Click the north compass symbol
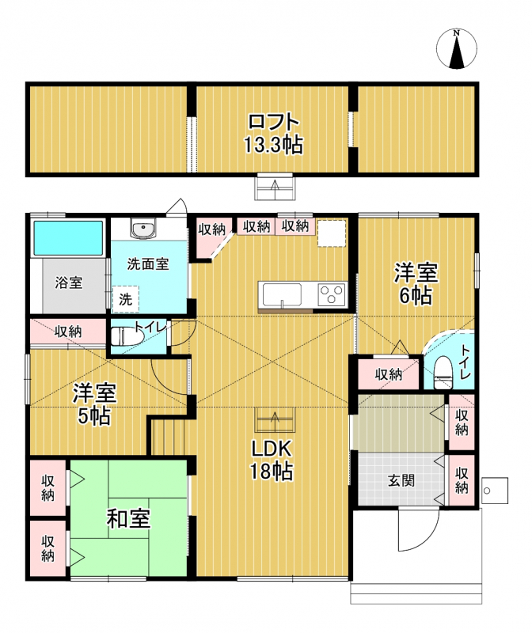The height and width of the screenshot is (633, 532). [x=457, y=48]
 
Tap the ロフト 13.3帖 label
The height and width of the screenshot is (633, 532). [x=273, y=134]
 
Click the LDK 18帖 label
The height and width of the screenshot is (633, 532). [x=271, y=460]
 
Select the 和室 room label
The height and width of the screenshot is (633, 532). [x=128, y=519]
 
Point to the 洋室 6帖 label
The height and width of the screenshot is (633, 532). [x=416, y=283]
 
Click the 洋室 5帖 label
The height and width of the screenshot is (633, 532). [x=94, y=404]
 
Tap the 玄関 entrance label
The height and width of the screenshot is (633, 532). [x=401, y=480]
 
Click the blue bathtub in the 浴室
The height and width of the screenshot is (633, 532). [x=68, y=238]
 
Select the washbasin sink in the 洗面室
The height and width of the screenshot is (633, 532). [x=142, y=229]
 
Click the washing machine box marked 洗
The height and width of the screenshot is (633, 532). [x=126, y=299]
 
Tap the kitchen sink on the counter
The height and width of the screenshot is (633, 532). [x=282, y=294]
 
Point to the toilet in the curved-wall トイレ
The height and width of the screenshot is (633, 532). [x=443, y=372]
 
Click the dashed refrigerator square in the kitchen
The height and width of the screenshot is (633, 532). [x=332, y=233]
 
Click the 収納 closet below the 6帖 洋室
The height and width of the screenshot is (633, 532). [x=389, y=373]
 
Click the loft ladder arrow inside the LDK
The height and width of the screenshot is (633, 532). [x=275, y=420]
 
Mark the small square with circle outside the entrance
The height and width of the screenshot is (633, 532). [x=495, y=491]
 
